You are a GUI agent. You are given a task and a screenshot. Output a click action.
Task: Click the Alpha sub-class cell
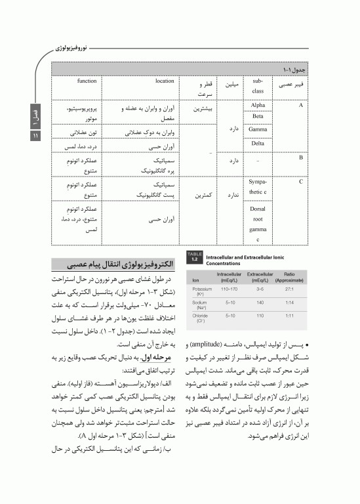[x=258, y=105]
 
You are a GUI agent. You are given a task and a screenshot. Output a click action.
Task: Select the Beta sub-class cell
[x=258, y=117]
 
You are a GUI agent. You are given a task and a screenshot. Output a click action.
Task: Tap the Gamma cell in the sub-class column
[x=258, y=129]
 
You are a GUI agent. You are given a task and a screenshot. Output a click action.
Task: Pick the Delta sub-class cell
[x=258, y=142]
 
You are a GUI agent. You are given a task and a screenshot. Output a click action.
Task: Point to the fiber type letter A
[x=300, y=105]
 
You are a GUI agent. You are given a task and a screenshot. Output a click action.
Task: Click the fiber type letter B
[x=300, y=157]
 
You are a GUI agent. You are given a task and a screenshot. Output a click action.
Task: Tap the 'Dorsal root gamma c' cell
[x=258, y=224]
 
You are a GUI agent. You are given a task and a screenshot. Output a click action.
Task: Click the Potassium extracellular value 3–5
[x=260, y=289]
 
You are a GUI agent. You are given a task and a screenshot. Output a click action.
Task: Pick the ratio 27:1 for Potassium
[x=289, y=289]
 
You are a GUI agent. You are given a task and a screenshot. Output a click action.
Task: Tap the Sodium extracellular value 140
[x=260, y=303]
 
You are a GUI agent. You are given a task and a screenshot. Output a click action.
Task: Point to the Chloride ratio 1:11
[x=289, y=316]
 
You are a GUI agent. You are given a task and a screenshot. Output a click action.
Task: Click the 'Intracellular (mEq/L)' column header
[x=230, y=275]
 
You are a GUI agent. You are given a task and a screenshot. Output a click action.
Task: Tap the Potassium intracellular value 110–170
[x=230, y=289]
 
